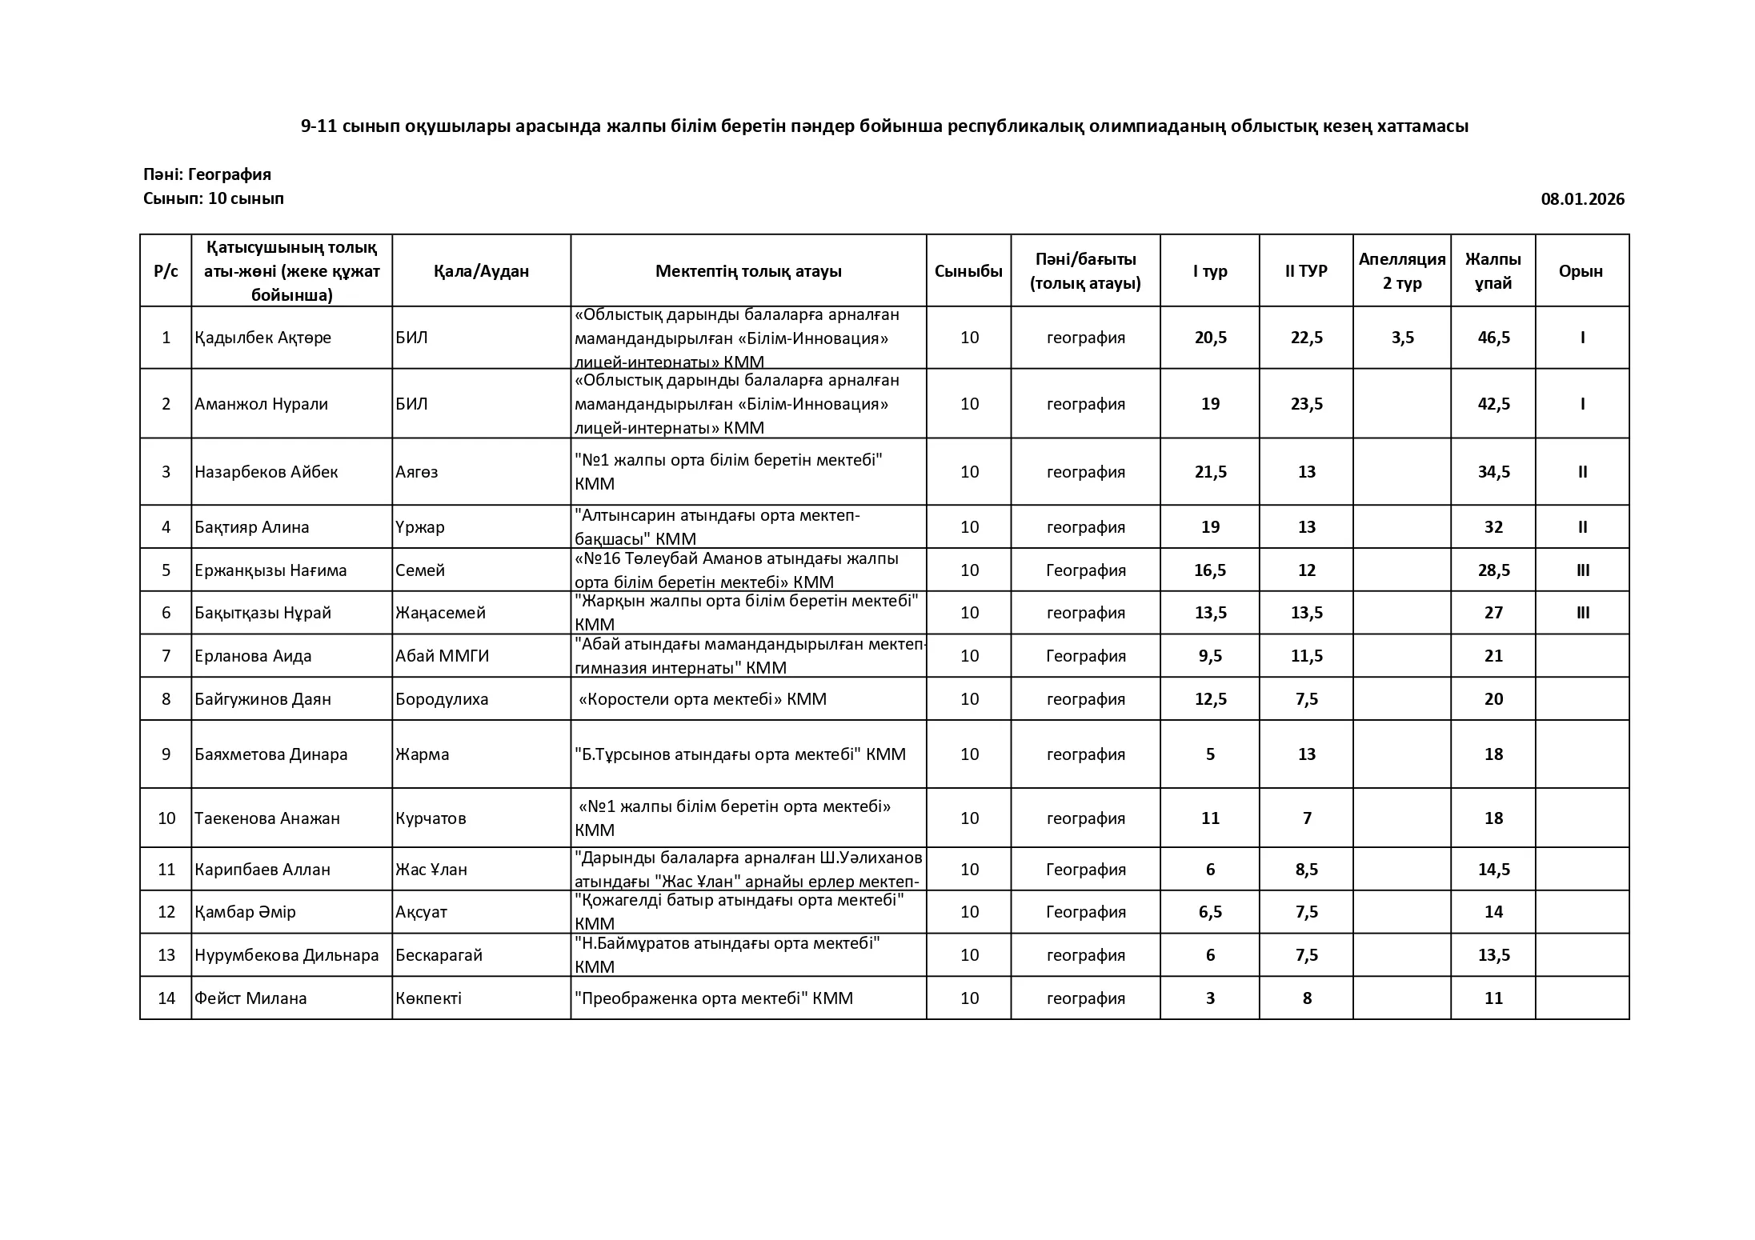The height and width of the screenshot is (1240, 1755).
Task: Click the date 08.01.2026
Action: (1582, 199)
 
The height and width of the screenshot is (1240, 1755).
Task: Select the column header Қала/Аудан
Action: (481, 271)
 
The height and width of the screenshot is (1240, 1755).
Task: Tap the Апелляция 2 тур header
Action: (1401, 271)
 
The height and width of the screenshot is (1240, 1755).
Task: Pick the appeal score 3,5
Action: (1402, 338)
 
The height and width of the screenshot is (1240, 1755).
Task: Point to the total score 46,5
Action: (1493, 338)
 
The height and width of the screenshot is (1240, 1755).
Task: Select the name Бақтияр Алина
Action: (251, 527)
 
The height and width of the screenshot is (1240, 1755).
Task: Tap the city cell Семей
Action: (420, 570)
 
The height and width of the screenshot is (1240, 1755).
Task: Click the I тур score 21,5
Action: (1210, 472)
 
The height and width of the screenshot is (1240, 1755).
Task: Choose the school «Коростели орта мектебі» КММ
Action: (703, 699)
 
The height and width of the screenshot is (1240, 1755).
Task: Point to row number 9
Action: (166, 754)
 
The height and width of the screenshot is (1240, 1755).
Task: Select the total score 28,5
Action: (1493, 570)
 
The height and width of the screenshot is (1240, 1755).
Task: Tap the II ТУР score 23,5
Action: (1306, 404)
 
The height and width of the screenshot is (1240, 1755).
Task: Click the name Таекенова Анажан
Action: (267, 818)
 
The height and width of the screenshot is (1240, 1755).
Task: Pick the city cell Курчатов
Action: (431, 818)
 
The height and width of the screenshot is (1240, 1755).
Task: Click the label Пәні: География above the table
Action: (207, 174)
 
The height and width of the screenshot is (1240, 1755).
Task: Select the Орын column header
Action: (1581, 271)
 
